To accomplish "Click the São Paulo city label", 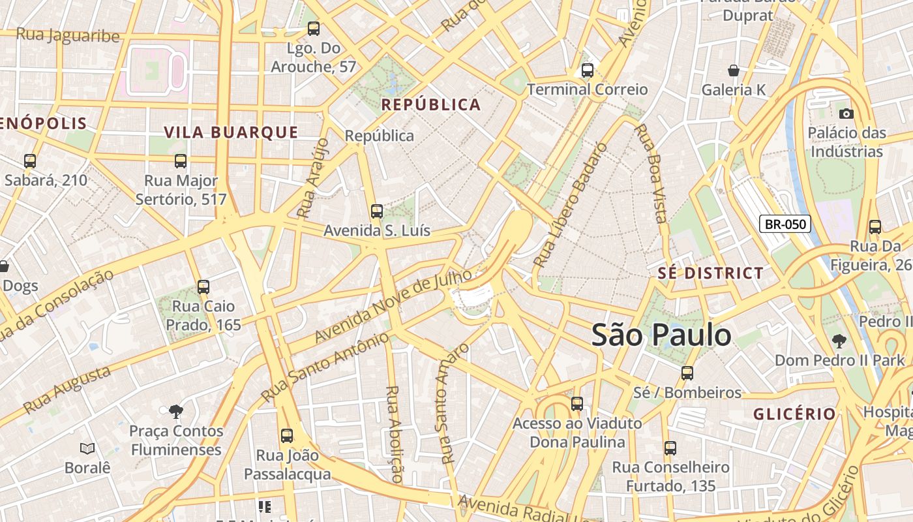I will coord(661,335).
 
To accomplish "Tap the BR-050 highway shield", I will coord(785,224).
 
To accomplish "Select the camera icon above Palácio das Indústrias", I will coord(846,114).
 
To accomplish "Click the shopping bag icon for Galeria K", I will coord(734,70).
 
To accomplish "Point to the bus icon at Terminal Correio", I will coord(587,70).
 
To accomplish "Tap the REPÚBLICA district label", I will coord(431,104).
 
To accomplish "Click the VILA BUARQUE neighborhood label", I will coord(231,132).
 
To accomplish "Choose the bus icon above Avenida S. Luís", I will coord(376,211).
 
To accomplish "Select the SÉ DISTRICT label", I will coord(710,273).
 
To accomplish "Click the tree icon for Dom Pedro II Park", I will coord(839,341).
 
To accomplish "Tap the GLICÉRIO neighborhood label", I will coord(794,414).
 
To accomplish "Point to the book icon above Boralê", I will coord(87,448).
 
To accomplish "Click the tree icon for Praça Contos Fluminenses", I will coord(175,411).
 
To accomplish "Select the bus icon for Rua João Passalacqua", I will coord(287,436).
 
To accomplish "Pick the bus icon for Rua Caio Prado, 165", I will coord(203,286).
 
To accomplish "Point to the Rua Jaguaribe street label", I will coord(68,35).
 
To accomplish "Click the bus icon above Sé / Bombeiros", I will coord(687,373).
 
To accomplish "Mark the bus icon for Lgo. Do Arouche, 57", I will coord(314,29).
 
